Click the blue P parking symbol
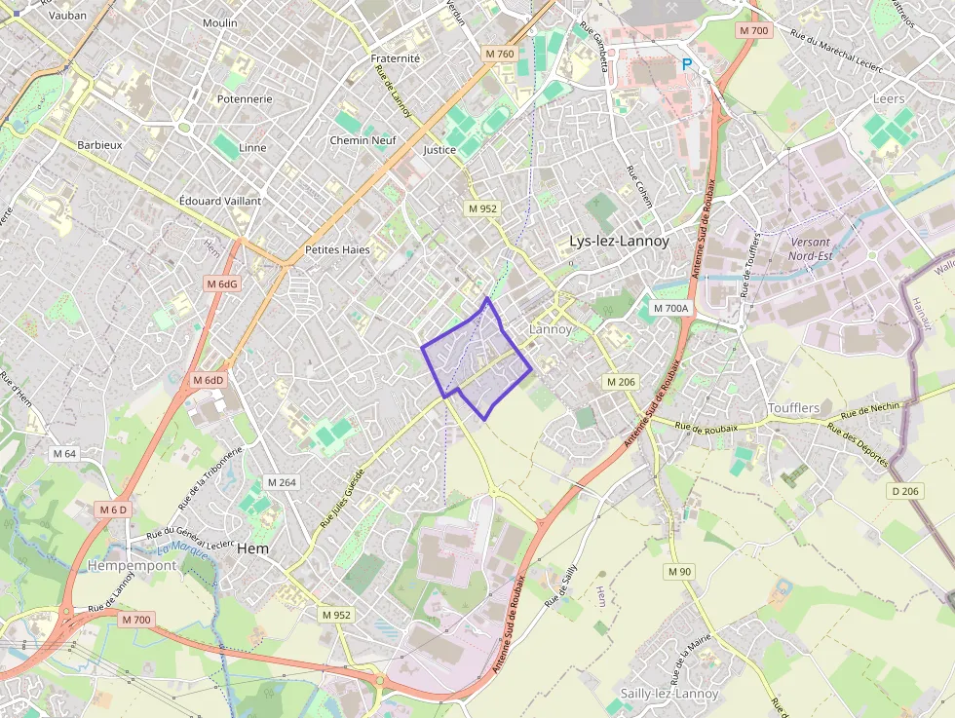[687, 64]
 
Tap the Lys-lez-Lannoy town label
[619, 241]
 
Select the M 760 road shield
[498, 54]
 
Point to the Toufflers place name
[793, 407]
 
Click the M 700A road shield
[670, 308]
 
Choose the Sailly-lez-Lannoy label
[668, 694]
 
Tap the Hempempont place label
[133, 565]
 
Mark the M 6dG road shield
[221, 283]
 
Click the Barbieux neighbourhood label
[99, 144]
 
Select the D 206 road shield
[905, 491]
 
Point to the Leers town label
[889, 98]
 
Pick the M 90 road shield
[679, 571]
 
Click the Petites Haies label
[337, 249]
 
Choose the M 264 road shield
[281, 482]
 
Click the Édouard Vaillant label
[220, 200]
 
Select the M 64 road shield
[64, 453]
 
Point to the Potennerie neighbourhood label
[245, 98]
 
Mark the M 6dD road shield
[208, 380]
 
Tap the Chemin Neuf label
[363, 140]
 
